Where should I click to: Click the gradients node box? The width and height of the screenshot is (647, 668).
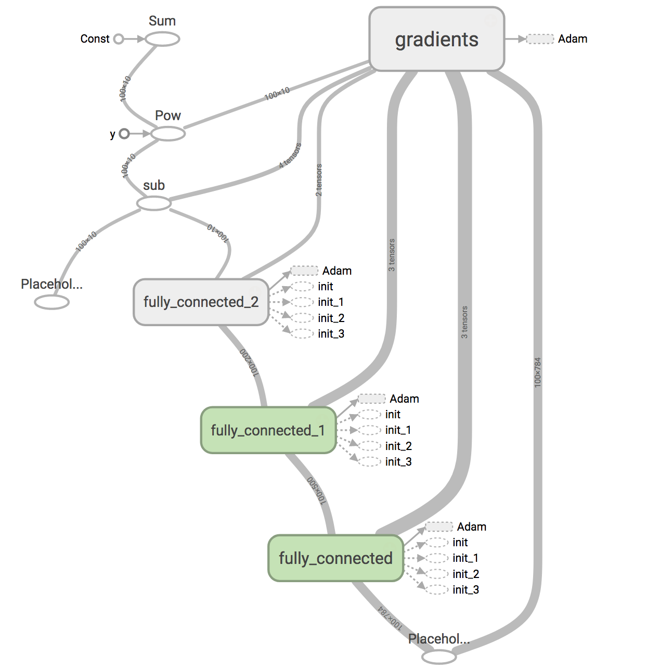tap(436, 39)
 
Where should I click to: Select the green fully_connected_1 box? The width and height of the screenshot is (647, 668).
tap(268, 430)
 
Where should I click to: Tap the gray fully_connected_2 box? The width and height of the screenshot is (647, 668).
tap(201, 302)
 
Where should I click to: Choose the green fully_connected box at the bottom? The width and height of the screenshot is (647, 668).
tap(335, 558)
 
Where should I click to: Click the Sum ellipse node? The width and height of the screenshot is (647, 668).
tap(162, 39)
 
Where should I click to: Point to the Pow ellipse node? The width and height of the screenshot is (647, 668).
tap(167, 134)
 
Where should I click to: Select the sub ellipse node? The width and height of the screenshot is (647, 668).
tap(154, 203)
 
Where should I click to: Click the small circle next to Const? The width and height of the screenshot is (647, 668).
tap(119, 39)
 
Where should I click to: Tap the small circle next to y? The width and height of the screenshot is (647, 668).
tap(124, 134)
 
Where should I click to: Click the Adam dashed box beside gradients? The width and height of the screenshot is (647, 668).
tap(540, 39)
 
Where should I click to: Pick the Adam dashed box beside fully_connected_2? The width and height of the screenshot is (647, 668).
tap(304, 271)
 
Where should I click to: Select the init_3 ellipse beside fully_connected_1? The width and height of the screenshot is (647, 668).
tap(370, 461)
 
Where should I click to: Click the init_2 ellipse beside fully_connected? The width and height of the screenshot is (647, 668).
tap(437, 574)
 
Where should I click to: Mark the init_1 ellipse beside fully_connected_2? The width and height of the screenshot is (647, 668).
tap(303, 302)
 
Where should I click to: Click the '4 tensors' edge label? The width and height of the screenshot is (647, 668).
tap(290, 155)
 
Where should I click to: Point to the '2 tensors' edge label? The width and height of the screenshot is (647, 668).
tap(319, 180)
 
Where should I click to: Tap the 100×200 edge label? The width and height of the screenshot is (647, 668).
tap(249, 362)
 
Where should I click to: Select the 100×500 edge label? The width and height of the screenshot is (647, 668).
tap(316, 490)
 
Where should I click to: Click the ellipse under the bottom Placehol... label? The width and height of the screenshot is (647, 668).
tap(438, 657)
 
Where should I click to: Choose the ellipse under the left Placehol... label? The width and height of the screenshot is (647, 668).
tap(52, 302)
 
